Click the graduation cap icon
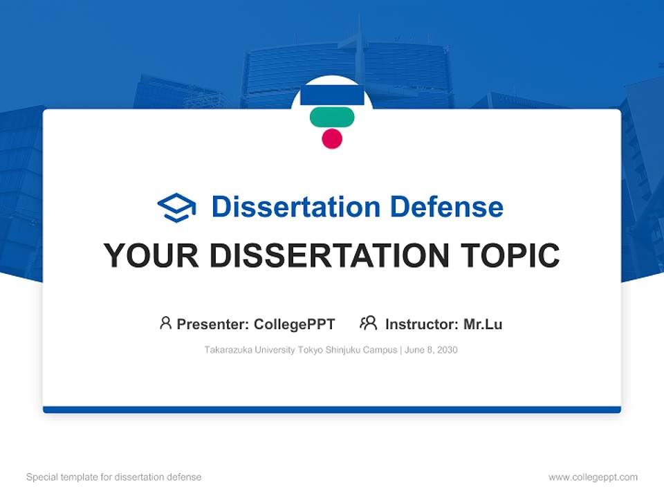(x=176, y=207)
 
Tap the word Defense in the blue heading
(x=446, y=207)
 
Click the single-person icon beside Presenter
(x=165, y=323)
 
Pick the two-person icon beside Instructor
(x=368, y=323)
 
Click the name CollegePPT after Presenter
(x=295, y=324)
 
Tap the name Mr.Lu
(x=483, y=324)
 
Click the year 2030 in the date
(x=446, y=350)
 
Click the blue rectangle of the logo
(x=332, y=95)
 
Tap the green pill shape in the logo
(x=332, y=118)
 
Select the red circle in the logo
(x=332, y=138)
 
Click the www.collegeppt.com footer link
(x=593, y=477)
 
